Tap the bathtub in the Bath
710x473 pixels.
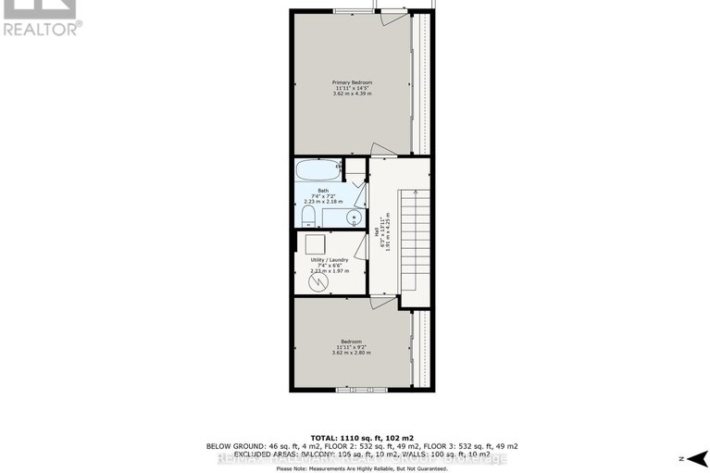pyautogui.click(x=318, y=172)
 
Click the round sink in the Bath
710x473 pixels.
pyautogui.click(x=352, y=218)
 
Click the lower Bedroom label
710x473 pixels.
pyautogui.click(x=352, y=341)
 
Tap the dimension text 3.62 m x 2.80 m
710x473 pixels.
pyautogui.click(x=352, y=353)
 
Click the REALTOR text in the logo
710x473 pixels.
pyautogui.click(x=42, y=29)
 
